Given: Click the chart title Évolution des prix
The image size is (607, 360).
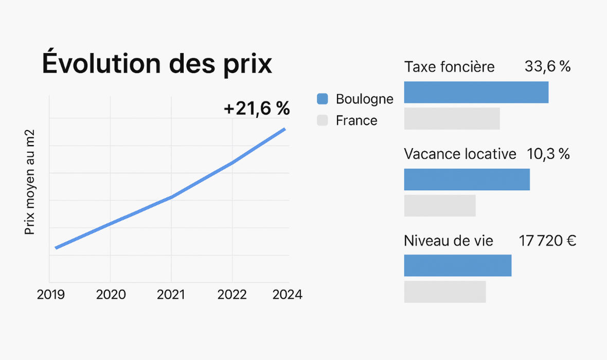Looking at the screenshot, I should (157, 64).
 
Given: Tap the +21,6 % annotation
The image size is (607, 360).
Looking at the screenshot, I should (257, 109).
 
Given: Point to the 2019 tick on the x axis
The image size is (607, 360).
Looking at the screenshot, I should (51, 295).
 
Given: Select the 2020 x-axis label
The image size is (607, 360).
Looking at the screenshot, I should (111, 295).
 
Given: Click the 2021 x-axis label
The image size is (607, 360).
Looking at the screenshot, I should (171, 295).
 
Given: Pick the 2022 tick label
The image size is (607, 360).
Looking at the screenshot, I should (232, 295).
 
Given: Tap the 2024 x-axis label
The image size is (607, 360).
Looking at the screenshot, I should (287, 295).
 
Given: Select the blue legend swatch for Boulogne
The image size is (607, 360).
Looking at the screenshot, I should (323, 99).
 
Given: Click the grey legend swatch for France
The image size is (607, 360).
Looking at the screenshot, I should (323, 121).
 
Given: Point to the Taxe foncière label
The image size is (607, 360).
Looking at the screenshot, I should (450, 67).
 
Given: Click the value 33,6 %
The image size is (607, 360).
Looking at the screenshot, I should (547, 66).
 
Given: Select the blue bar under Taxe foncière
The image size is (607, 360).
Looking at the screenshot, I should (476, 92).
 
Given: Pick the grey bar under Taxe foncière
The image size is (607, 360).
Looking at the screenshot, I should (452, 118).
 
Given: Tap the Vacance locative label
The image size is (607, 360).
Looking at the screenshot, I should (460, 154).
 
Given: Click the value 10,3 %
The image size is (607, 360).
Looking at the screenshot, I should (548, 154).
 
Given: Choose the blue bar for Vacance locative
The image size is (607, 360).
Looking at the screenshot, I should (467, 179).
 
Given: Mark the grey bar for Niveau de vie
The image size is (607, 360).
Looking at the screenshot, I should (445, 292).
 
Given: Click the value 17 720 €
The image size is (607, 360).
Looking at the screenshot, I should (547, 241).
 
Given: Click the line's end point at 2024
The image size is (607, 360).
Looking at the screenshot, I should (284, 129).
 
